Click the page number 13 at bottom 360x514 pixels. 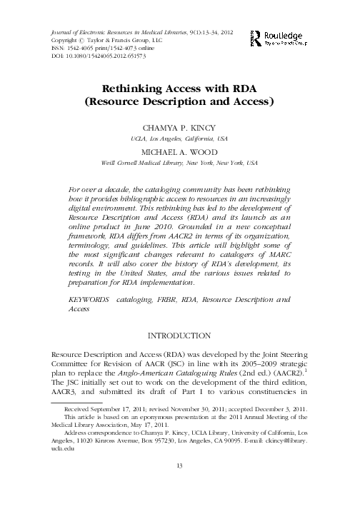pyautogui.click(x=180, y=487)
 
